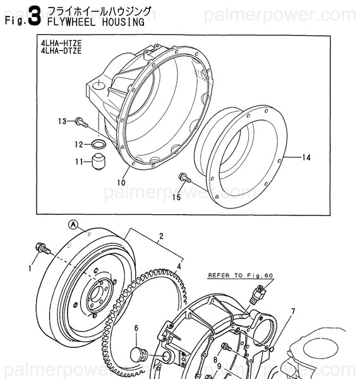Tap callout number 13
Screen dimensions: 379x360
click(62, 121)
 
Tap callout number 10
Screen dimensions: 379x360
click(121, 183)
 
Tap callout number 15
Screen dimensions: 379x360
click(176, 197)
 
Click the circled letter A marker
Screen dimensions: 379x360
click(73, 224)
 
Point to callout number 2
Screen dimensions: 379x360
click(161, 236)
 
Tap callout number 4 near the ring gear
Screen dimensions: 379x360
click(179, 267)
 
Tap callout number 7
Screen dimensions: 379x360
click(292, 311)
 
